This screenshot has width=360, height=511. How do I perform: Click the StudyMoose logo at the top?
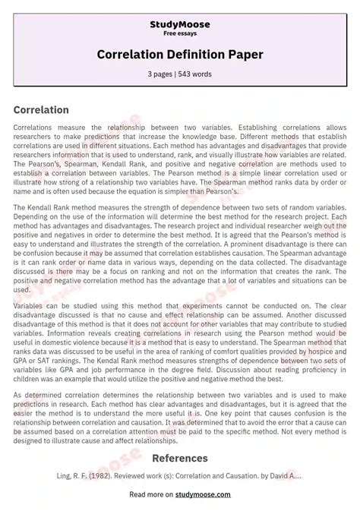tap(180, 24)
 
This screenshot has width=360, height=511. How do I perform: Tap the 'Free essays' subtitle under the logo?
tap(180, 34)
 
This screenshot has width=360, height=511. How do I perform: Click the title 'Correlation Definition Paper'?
tap(180, 55)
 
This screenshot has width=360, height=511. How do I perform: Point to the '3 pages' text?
tap(161, 74)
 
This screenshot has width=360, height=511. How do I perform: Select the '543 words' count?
tap(197, 74)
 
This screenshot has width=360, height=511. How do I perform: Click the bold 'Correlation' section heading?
tap(41, 110)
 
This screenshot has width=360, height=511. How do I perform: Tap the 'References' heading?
tap(180, 458)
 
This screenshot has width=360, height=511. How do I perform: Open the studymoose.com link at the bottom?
tap(209, 494)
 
